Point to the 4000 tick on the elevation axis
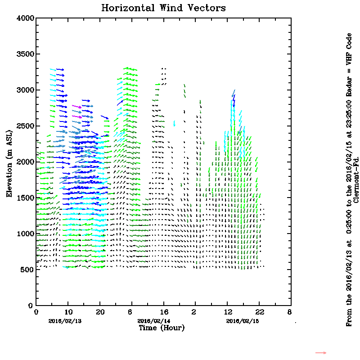(26, 18)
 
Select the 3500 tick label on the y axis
(26, 54)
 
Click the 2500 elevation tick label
(26, 126)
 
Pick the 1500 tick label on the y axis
(26, 198)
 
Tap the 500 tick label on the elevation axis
(28, 270)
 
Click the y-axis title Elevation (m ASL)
(9, 162)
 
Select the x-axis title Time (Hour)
(161, 328)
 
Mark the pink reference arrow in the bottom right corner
(320, 353)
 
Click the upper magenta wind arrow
(77, 107)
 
